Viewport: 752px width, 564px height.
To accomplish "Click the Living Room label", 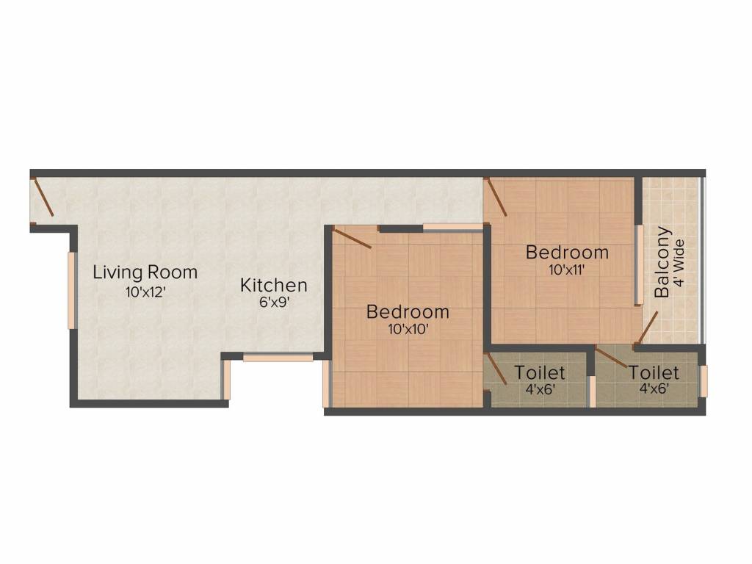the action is (x=145, y=272).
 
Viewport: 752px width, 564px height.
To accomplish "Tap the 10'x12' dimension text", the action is (x=145, y=292).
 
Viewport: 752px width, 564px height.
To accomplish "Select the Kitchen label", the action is (x=273, y=285).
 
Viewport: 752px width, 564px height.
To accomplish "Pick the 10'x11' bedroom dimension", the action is (x=567, y=270).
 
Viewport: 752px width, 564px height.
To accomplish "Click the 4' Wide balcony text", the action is (x=679, y=263).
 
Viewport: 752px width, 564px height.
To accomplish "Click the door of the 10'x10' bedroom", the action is (x=352, y=239).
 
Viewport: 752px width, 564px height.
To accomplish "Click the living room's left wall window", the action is (x=71, y=290).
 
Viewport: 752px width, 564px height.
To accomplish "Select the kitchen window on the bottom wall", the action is (x=278, y=358).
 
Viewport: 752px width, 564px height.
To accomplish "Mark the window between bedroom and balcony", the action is (x=639, y=264).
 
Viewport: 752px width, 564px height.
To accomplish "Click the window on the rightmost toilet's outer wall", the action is (x=704, y=381).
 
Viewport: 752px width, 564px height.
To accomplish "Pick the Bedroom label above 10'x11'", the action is (x=567, y=253).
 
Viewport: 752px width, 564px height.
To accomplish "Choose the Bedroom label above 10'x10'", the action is (x=408, y=311).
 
